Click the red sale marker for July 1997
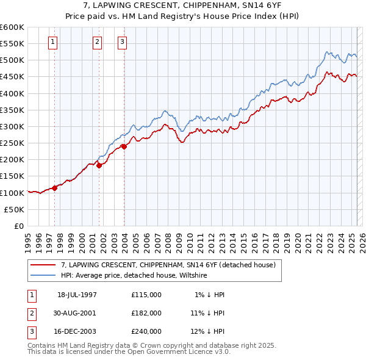54,187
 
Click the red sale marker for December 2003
124,146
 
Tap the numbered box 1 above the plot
53,42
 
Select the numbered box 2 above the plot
98,42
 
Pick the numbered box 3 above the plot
123,42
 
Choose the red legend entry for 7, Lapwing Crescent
168,265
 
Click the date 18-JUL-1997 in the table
77,294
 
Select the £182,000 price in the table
146,312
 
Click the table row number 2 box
30,312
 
